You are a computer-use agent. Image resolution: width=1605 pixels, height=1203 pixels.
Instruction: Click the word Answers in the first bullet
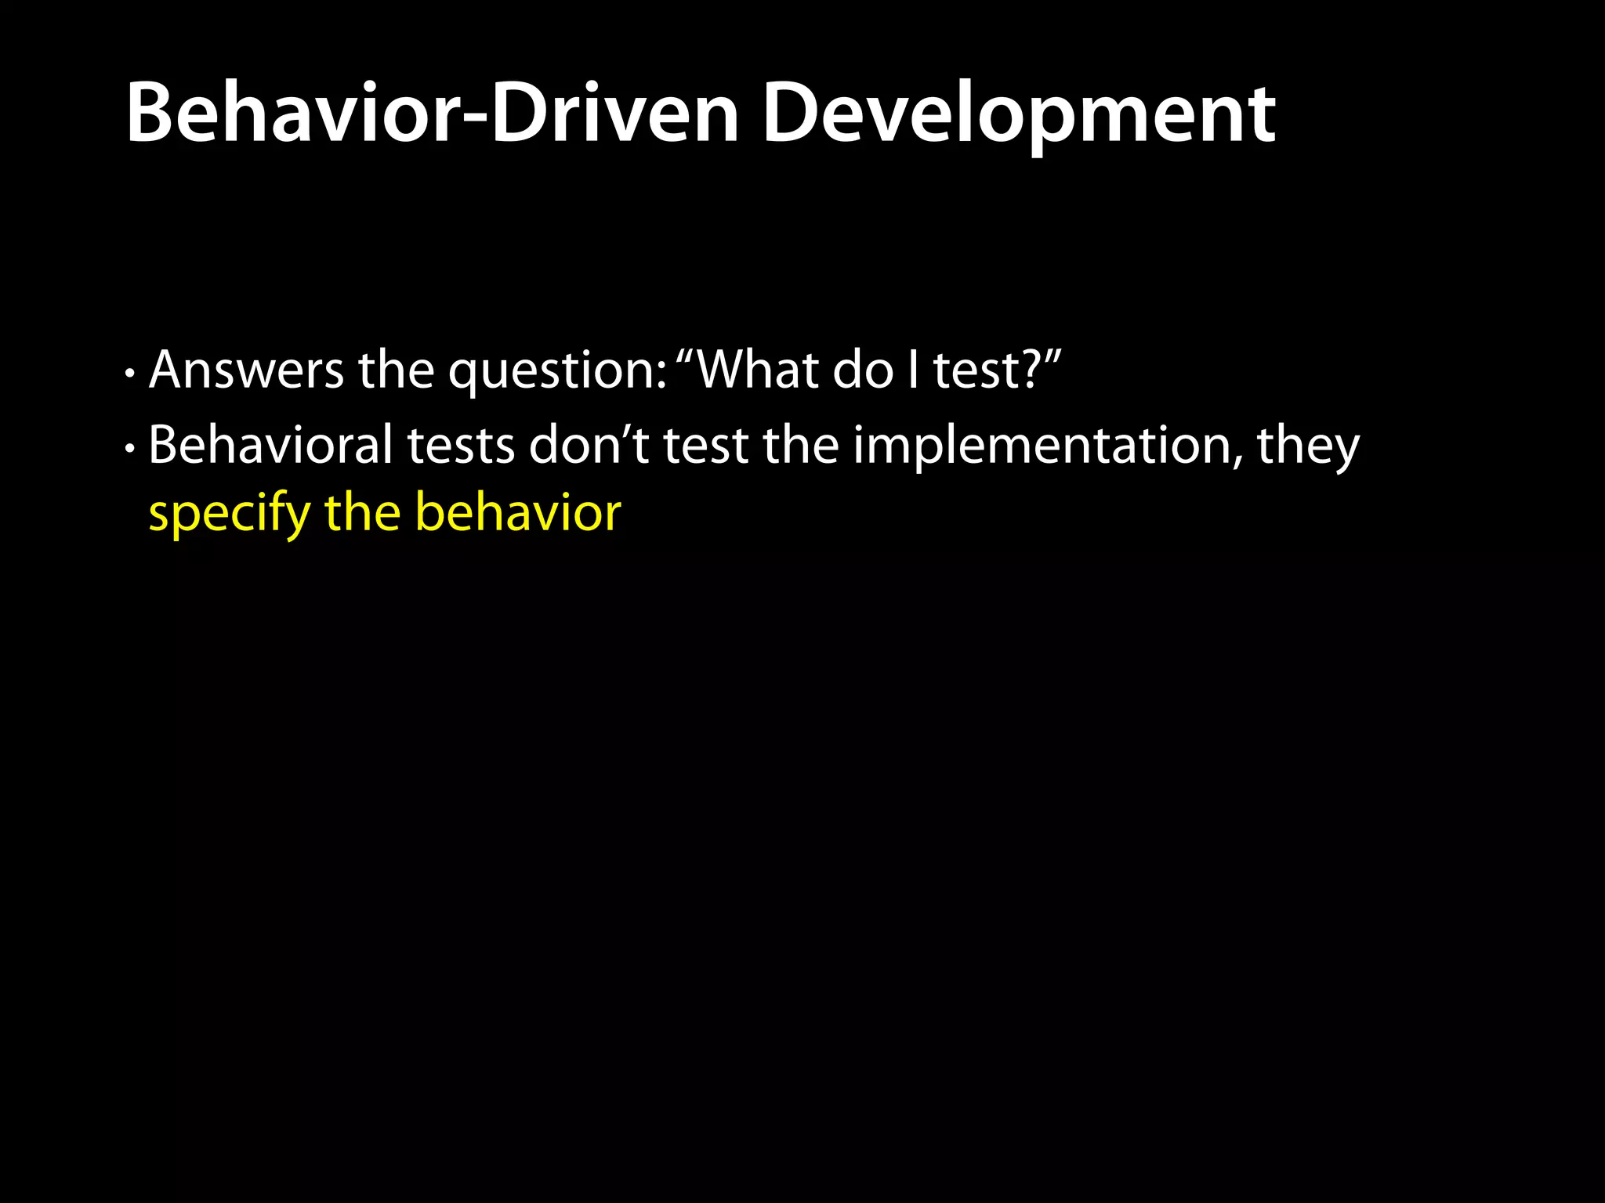point(246,370)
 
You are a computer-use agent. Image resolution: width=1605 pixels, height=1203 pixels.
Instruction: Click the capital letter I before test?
point(913,370)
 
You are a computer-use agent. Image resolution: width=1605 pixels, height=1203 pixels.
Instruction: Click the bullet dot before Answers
point(130,374)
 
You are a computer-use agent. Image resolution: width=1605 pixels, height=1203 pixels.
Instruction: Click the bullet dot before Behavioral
point(130,449)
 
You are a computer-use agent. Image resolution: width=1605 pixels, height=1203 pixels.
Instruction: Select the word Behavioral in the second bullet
point(270,445)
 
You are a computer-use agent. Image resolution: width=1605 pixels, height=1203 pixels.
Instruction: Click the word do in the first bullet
point(862,370)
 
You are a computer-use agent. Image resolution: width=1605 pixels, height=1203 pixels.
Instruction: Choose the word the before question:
point(396,370)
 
